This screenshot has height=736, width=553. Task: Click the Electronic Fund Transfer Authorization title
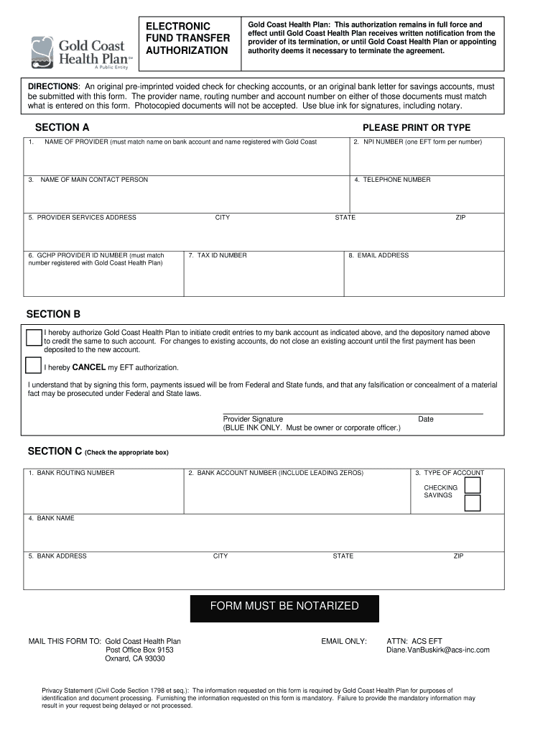pos(187,38)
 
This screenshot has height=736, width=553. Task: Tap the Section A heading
pos(62,127)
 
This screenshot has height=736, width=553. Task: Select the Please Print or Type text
pos(417,128)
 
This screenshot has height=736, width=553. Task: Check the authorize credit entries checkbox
pos(33,337)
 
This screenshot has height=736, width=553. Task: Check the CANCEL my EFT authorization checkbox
pos(33,365)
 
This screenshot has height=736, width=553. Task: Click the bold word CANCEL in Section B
pos(89,367)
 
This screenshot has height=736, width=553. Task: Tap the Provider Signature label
pos(253,419)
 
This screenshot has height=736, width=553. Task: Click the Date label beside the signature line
pos(426,419)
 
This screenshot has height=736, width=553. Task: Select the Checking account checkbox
pos(472,485)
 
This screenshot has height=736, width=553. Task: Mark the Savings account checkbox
pos(472,502)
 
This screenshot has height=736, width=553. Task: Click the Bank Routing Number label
pos(75,473)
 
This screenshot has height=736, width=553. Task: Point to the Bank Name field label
pos(55,518)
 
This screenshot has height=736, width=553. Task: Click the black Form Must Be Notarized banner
pos(284,607)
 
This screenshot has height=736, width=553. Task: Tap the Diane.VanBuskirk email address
pos(437,650)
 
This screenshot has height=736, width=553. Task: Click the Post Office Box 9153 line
pos(139,650)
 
